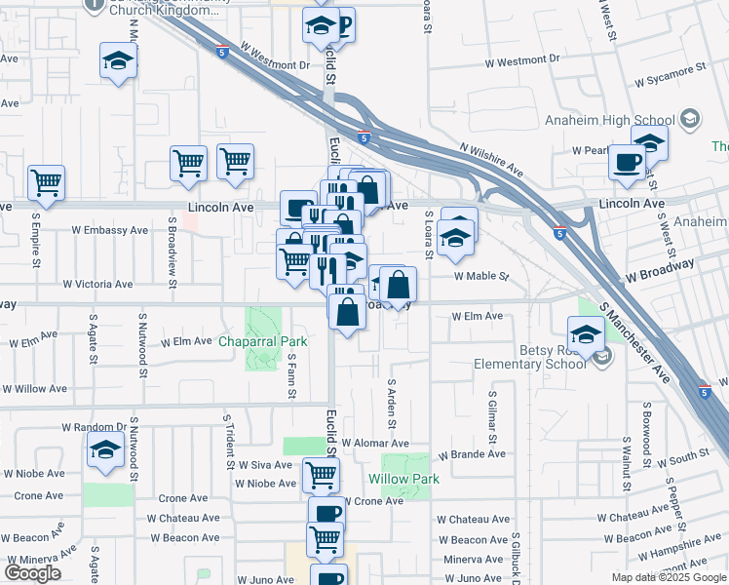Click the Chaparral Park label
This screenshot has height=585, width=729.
pos(262,341)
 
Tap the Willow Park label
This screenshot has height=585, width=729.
pos(403,479)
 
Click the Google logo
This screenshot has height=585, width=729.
pos(32,573)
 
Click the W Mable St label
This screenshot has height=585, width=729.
pos(480,276)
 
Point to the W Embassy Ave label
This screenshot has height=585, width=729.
pos(109,231)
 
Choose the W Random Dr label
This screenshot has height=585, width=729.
pos(95,427)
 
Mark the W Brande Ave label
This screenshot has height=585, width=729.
pos(472,454)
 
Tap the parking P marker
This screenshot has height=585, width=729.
pos(342,25)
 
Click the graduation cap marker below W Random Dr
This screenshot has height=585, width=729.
pos(103,451)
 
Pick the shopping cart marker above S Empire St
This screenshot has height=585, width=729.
pos(46,181)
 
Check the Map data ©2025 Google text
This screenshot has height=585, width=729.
pos(669,577)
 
